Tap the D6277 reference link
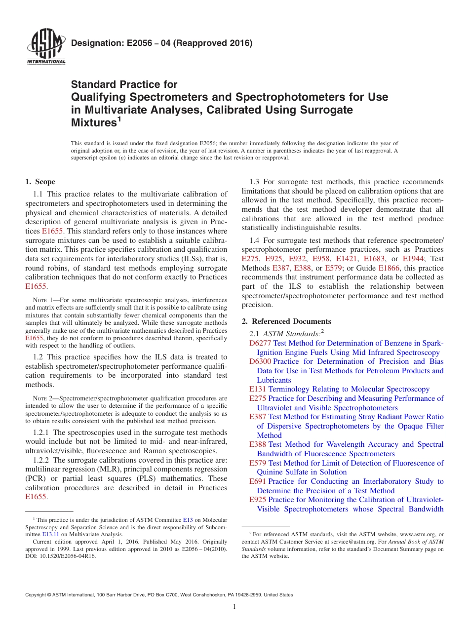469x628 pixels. click(260, 343)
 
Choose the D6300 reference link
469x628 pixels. click(260, 361)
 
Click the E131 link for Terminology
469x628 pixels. click(258, 389)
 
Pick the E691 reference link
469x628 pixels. click(258, 481)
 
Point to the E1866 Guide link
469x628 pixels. click(389, 268)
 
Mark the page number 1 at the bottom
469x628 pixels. click(234, 607)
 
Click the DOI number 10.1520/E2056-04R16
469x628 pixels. click(69, 556)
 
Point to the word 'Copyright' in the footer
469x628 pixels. click(37, 595)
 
